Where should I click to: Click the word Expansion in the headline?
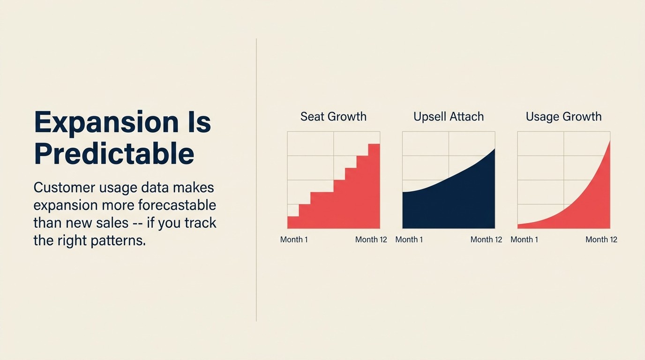[x=106, y=122]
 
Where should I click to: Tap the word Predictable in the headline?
[x=114, y=154]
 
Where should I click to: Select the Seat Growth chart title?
[x=333, y=117]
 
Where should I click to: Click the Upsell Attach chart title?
[x=448, y=117]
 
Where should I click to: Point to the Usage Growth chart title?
[x=563, y=117]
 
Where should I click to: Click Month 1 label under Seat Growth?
[x=294, y=240]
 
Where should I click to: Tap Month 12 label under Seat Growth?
[x=371, y=240]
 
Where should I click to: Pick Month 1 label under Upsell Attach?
[x=409, y=240]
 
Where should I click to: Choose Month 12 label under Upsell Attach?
[x=486, y=240]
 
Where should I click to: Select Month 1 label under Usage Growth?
[x=524, y=240]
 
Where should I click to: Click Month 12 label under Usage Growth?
[x=601, y=240]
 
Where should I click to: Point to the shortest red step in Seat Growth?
[x=293, y=223]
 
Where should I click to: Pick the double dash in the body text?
[x=137, y=223]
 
